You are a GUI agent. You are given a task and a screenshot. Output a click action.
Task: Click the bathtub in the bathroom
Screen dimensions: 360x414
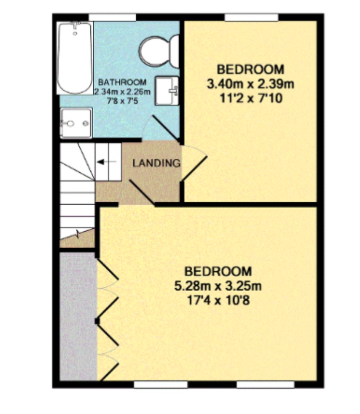[x=75, y=58]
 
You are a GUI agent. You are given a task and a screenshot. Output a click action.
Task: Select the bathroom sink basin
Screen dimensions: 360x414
[x=167, y=90]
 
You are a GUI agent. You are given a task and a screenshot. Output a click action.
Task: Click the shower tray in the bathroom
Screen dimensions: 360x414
[x=76, y=123]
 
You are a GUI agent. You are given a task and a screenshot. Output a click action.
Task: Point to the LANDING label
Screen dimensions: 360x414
[x=157, y=163]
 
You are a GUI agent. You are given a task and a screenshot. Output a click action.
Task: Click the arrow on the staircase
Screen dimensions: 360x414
[x=106, y=162]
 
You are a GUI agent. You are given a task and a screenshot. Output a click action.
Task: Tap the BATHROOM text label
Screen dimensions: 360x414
[x=122, y=82]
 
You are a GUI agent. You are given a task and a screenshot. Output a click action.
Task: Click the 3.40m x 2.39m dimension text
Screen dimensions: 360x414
[x=250, y=84]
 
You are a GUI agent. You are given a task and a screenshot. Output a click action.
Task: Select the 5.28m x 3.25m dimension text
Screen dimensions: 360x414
[x=218, y=286]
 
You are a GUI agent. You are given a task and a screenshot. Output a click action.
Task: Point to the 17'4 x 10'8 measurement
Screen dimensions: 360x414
[x=218, y=300]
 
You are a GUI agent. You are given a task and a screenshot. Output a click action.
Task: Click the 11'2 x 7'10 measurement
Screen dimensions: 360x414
[x=251, y=99]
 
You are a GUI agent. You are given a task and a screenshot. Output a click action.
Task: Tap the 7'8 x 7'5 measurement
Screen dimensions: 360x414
[x=122, y=101]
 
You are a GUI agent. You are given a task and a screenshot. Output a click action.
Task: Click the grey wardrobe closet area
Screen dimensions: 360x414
[x=78, y=316]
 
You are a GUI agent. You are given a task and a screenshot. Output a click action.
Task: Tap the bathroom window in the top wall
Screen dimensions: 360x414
[x=113, y=17]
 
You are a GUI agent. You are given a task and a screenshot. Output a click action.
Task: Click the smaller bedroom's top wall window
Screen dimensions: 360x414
[x=252, y=17]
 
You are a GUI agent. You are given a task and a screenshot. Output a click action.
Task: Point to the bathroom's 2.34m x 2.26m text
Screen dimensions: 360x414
[x=122, y=91]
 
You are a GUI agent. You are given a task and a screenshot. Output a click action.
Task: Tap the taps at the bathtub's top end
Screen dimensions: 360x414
[x=76, y=25]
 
